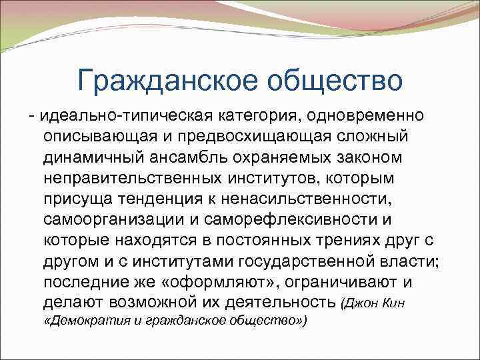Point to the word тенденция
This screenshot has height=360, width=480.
coord(162,199)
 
